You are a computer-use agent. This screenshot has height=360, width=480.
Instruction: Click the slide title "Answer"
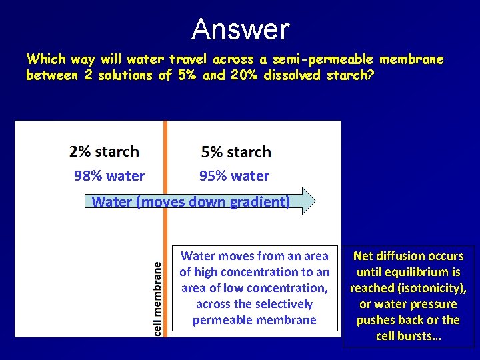[240, 30]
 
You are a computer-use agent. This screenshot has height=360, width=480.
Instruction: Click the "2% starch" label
[104, 151]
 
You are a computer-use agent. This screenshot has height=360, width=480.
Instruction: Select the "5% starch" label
[236, 152]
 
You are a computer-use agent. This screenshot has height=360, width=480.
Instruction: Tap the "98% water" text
[109, 176]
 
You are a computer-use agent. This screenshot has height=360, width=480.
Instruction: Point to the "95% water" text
[234, 176]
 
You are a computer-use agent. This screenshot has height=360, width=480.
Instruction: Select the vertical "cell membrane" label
[157, 297]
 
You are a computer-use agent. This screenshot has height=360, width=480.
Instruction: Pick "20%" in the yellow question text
[244, 75]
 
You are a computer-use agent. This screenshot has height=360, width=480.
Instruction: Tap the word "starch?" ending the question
[351, 75]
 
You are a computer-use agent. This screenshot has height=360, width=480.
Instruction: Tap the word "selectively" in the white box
[280, 304]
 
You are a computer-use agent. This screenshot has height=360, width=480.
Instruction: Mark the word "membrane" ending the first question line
[411, 59]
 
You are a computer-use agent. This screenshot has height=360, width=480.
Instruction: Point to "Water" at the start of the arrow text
[111, 201]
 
